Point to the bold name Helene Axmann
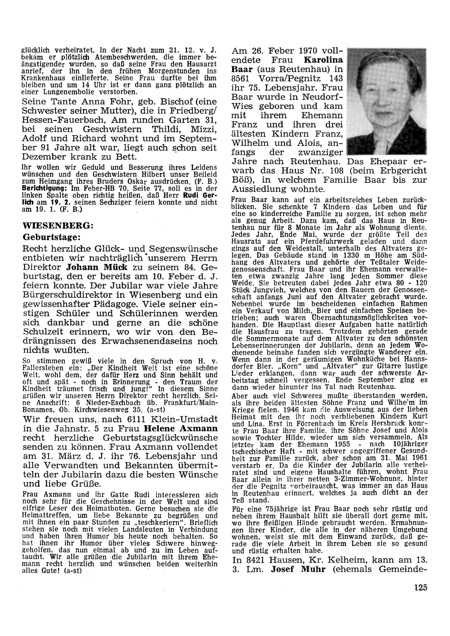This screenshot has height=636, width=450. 185,428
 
